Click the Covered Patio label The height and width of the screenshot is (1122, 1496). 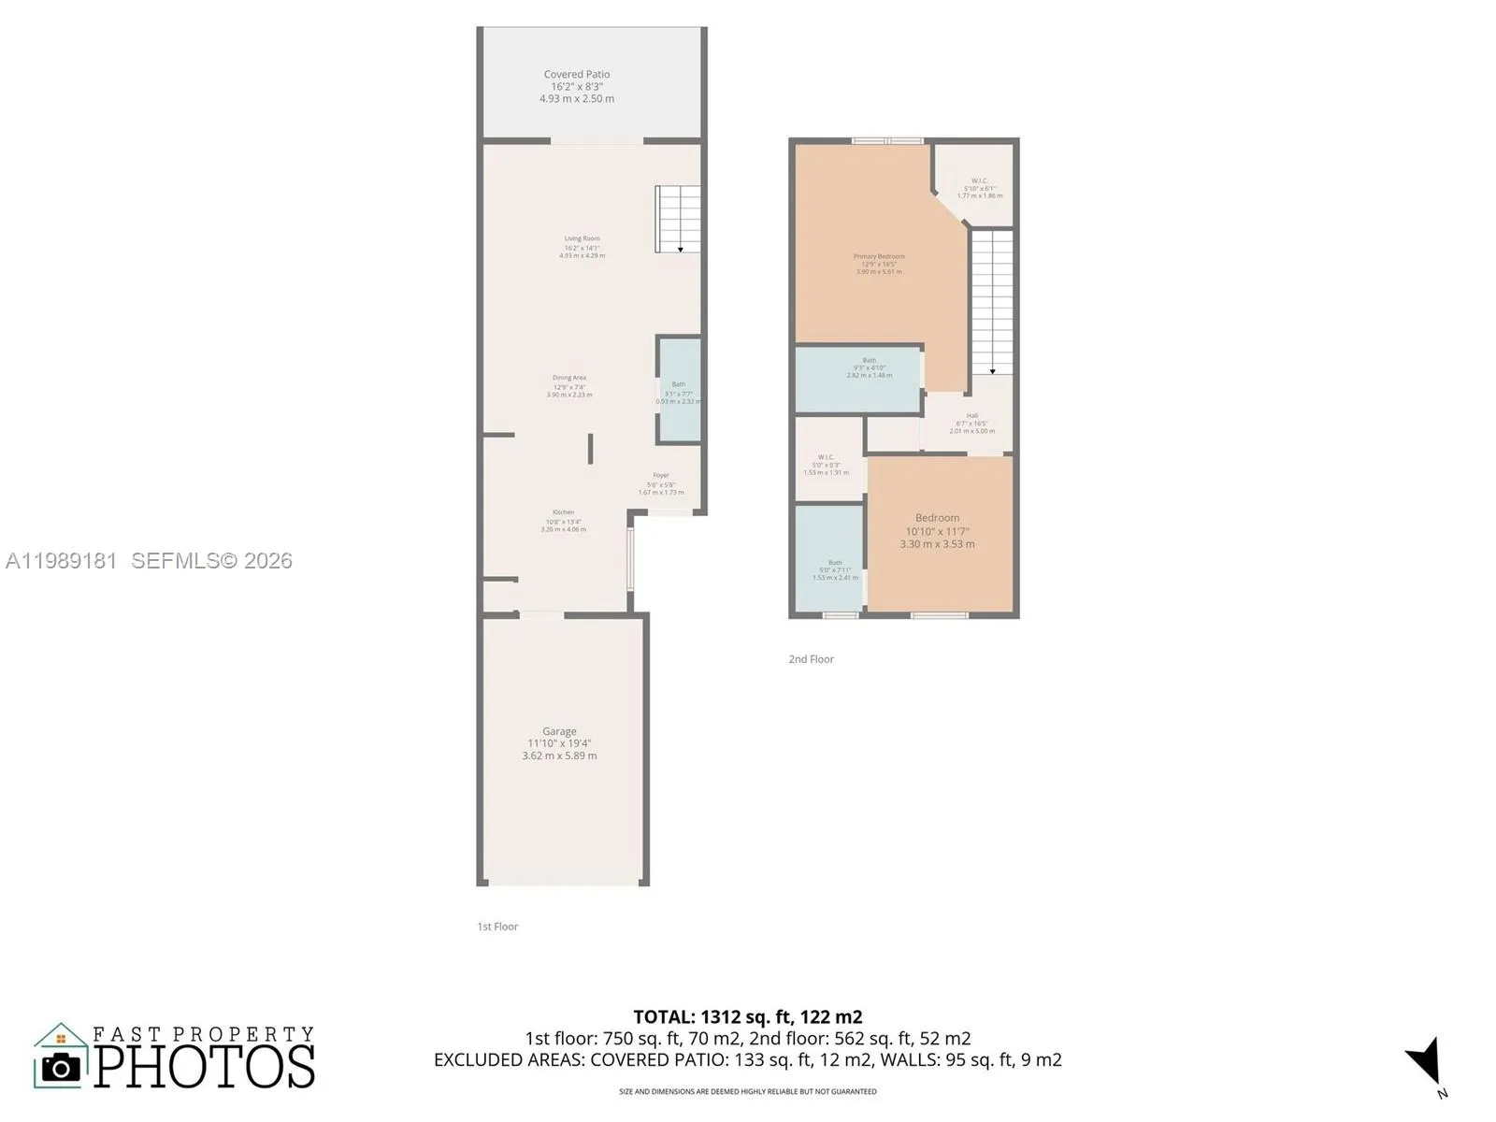coord(577,75)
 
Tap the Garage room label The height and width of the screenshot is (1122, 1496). coord(559,732)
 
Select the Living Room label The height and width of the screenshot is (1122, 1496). coord(582,239)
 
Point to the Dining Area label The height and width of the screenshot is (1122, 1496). coord(568,379)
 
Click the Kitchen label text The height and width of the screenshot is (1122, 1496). coord(563,513)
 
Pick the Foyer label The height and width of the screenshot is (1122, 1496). coord(661,476)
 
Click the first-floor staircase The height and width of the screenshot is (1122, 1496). coord(678,219)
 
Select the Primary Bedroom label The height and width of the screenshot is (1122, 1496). coord(879,257)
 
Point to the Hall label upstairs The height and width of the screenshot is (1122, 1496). coord(972,416)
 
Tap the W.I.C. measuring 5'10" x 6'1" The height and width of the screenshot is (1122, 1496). coord(979,188)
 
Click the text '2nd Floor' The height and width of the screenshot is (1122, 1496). coord(811,659)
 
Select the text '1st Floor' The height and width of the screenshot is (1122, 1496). coord(497,927)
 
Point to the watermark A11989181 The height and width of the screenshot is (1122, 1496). coord(62,561)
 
